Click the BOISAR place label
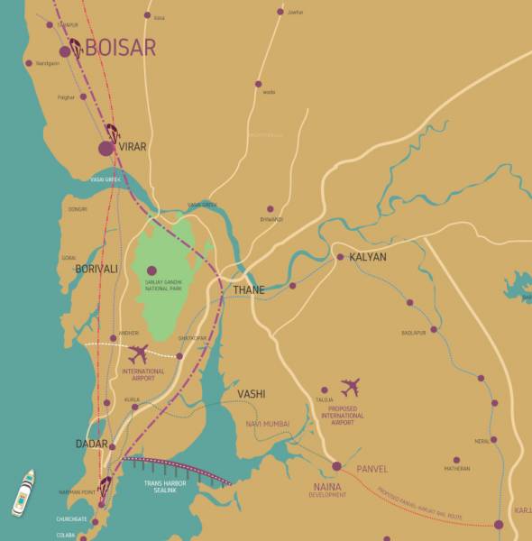(x=121, y=48)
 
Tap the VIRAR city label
(x=133, y=146)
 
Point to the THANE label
(x=250, y=289)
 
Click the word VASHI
(x=251, y=394)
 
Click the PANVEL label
(x=371, y=469)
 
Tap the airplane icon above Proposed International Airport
(x=350, y=389)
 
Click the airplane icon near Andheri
(x=140, y=353)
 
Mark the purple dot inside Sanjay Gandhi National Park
(x=151, y=270)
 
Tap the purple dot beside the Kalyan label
(x=340, y=257)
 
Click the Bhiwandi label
(x=271, y=219)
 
